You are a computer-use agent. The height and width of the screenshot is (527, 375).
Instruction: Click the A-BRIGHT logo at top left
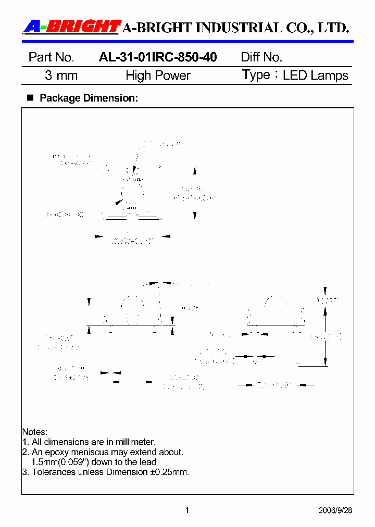72,27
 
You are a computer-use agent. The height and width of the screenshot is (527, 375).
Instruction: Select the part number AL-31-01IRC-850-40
158,57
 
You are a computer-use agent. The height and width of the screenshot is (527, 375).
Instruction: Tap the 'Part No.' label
51,57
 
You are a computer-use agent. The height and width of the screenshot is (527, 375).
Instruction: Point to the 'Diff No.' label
261,57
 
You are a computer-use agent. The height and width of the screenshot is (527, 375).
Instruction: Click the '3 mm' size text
61,76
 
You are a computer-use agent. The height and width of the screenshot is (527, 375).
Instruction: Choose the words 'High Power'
158,76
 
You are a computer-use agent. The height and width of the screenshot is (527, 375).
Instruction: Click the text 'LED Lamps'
315,76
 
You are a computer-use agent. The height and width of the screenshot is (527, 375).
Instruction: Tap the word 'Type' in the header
256,75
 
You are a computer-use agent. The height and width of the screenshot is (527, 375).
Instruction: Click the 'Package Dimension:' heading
89,98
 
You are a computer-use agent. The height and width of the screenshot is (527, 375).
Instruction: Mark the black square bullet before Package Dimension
30,97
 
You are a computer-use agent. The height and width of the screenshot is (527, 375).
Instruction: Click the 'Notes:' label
34,432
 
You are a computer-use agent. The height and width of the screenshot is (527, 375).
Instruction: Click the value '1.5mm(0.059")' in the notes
57,462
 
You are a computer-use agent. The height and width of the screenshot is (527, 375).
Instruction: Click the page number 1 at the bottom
187,510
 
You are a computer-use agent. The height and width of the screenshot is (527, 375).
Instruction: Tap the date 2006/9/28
335,510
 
